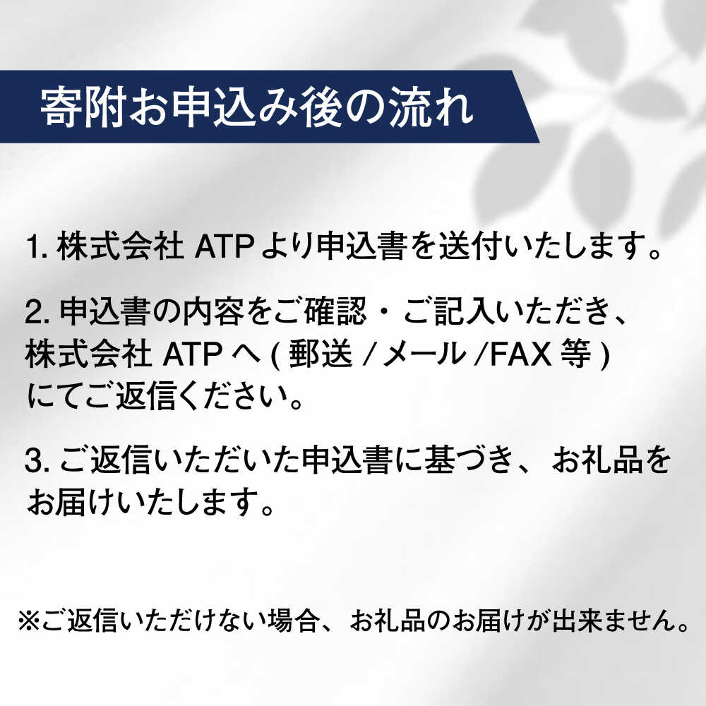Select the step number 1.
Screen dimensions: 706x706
click(x=33, y=248)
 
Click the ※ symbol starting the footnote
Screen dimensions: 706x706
click(x=28, y=623)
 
